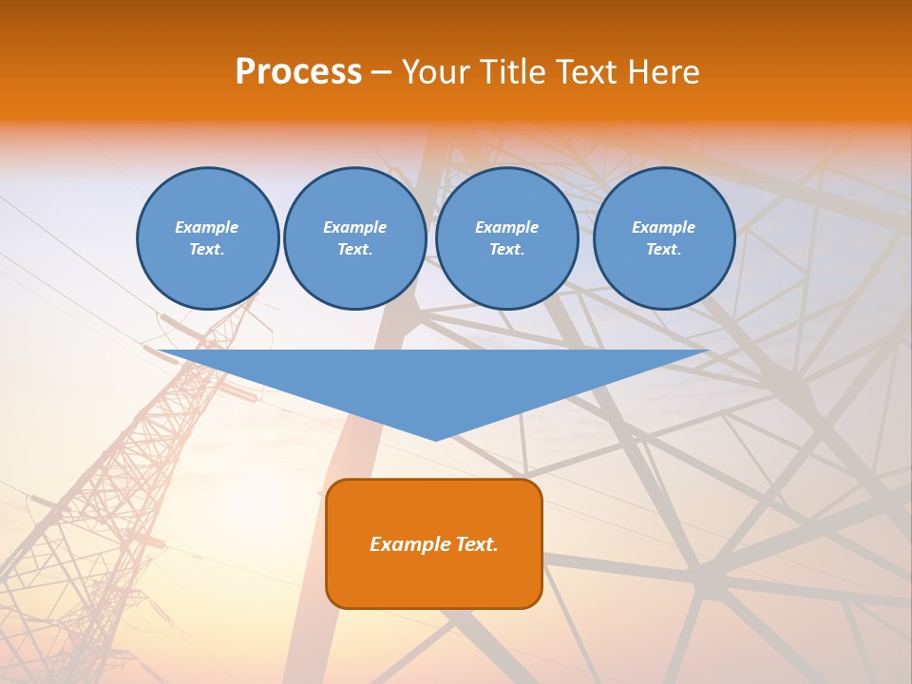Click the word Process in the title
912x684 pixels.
coord(298,72)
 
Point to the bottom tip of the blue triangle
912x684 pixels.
coord(435,439)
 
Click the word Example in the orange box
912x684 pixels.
coord(409,544)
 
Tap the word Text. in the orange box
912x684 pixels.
coord(476,544)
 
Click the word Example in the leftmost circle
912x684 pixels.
coord(207,227)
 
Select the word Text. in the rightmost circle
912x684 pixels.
coord(663,249)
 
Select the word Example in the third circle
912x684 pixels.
coord(506,227)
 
